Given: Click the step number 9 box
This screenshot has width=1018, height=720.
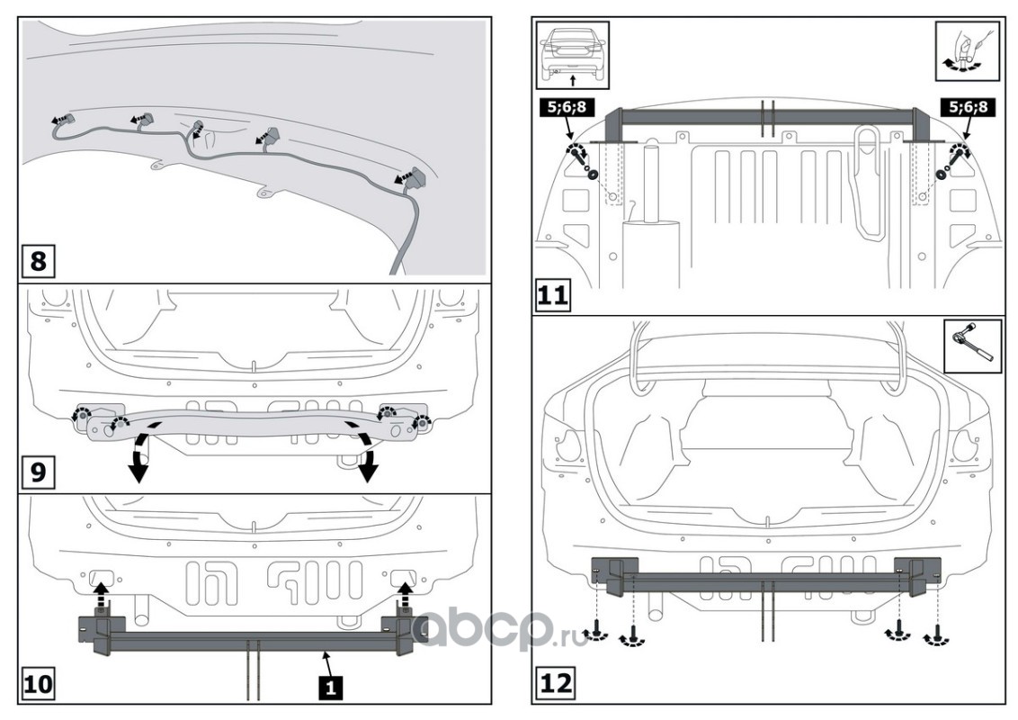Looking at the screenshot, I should [38, 472].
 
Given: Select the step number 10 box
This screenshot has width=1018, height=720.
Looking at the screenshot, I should [38, 685].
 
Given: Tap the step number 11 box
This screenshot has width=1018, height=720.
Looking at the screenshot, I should [554, 294].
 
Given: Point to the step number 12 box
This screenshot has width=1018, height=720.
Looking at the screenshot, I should [554, 685].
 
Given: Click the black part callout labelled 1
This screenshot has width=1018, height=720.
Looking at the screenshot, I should [331, 688].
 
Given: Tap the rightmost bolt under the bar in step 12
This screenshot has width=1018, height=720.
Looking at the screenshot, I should [937, 634].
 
